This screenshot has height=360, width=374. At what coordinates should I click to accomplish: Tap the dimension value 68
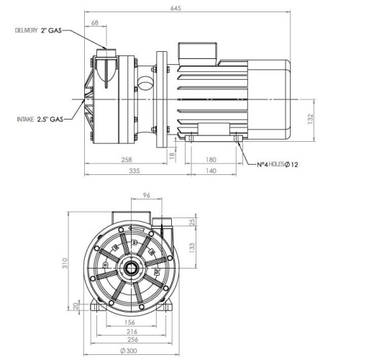[96, 24]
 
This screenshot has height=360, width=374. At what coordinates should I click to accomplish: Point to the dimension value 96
[146, 194]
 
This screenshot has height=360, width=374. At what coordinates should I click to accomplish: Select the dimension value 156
[130, 322]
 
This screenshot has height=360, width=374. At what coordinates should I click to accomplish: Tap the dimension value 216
[130, 331]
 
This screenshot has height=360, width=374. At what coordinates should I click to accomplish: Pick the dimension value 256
[130, 341]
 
